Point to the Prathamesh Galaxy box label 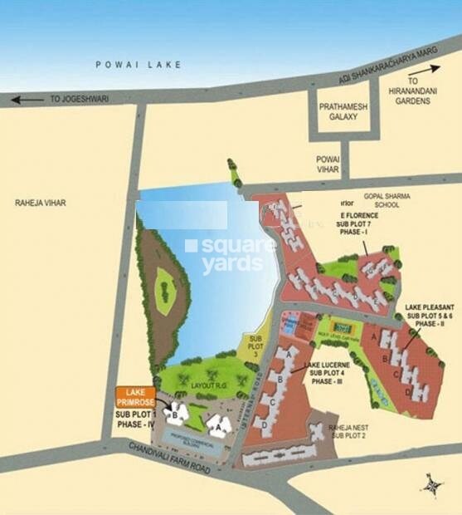pos(343,111)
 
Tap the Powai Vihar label pos(326,163)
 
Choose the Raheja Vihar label pos(39,202)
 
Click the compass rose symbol pos(433,484)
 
